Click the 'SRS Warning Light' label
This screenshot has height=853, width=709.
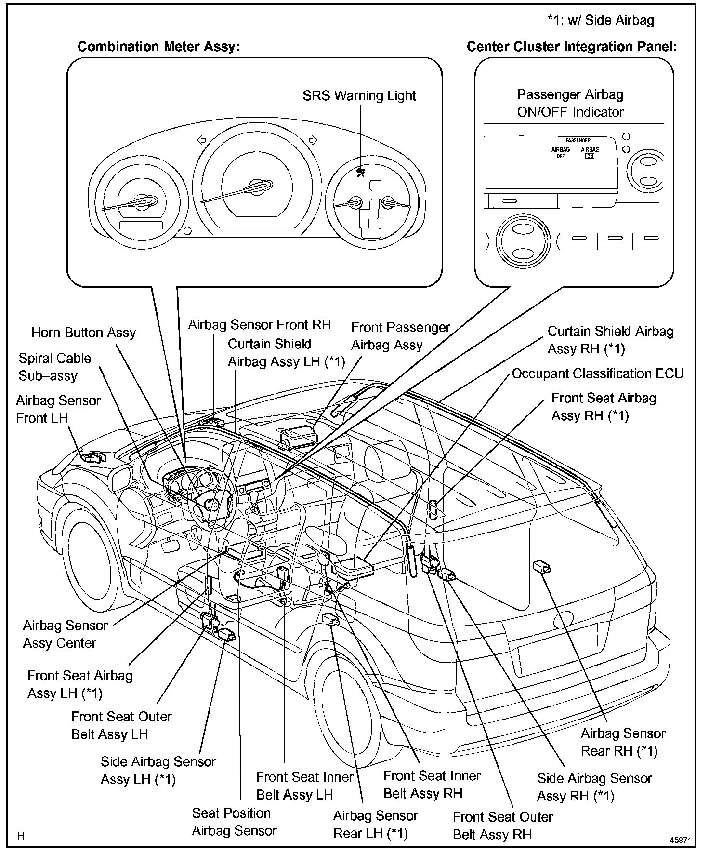[x=359, y=95]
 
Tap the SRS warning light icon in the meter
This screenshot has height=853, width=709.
[x=361, y=172]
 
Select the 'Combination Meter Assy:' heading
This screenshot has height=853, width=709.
[x=158, y=47]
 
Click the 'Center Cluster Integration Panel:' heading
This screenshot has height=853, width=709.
[x=572, y=47]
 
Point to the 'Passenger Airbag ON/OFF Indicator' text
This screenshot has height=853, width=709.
[x=570, y=103]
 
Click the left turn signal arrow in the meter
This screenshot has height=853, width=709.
[x=201, y=140]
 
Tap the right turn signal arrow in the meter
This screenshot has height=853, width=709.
[x=313, y=140]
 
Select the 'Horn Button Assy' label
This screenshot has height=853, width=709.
[x=84, y=333]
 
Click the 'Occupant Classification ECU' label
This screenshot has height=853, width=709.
[x=597, y=373]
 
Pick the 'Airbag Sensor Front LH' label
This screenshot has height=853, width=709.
[x=58, y=409]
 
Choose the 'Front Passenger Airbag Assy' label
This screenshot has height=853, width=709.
[x=400, y=336]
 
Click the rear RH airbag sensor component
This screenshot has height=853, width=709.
[x=542, y=567]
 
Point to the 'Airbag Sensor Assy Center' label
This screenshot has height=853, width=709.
[x=65, y=634]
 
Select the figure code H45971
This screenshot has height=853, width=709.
[x=678, y=840]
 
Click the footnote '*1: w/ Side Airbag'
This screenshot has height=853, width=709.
[x=601, y=20]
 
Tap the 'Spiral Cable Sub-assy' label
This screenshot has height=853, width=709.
[x=54, y=367]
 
